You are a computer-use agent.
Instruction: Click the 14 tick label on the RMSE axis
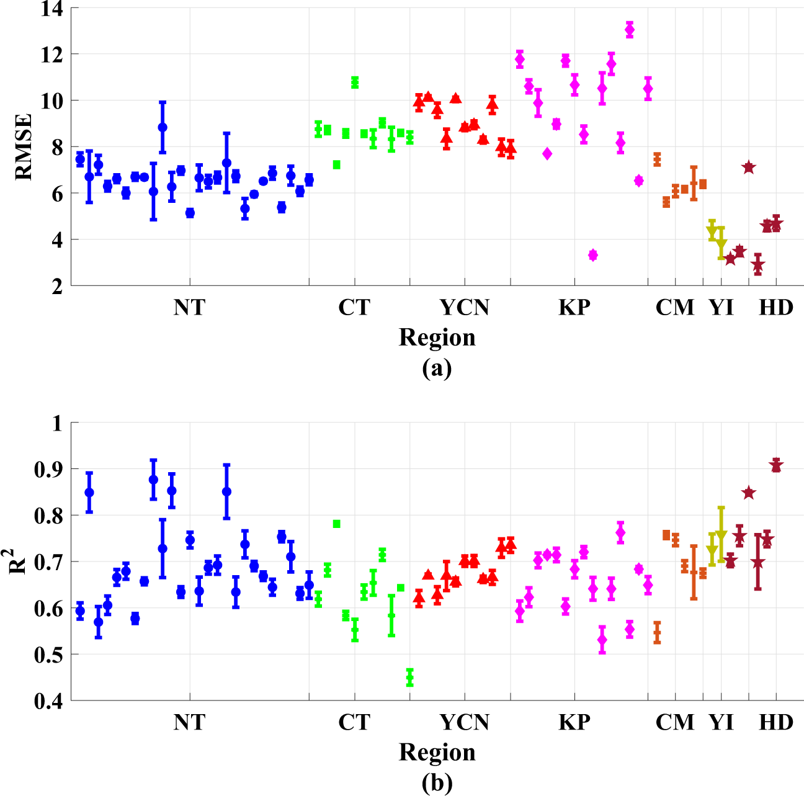pyautogui.click(x=53, y=9)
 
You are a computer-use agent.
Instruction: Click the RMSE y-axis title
pyautogui.click(x=24, y=146)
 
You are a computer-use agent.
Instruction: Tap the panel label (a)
pyautogui.click(x=437, y=368)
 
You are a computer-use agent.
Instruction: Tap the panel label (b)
pyautogui.click(x=437, y=783)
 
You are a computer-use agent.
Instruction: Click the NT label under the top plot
pyautogui.click(x=189, y=307)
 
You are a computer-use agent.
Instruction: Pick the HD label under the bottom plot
pyautogui.click(x=776, y=722)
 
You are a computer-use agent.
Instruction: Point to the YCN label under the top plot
pyautogui.click(x=465, y=307)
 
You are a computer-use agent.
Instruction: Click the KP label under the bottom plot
pyautogui.click(x=574, y=722)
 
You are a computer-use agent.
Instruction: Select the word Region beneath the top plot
pyautogui.click(x=437, y=338)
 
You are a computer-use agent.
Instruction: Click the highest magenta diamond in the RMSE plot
pyautogui.click(x=630, y=29)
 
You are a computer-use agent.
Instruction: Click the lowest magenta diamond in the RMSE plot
pyautogui.click(x=593, y=255)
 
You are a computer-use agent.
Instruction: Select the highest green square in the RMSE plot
pyautogui.click(x=355, y=82)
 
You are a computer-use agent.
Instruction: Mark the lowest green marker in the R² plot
pyautogui.click(x=409, y=677)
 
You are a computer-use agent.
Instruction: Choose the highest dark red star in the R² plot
pyautogui.click(x=776, y=465)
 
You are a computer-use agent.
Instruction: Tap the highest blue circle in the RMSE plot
pyautogui.click(x=163, y=127)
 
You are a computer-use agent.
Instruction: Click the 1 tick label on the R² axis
pyautogui.click(x=58, y=424)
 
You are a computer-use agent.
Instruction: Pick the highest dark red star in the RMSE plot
pyautogui.click(x=749, y=167)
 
